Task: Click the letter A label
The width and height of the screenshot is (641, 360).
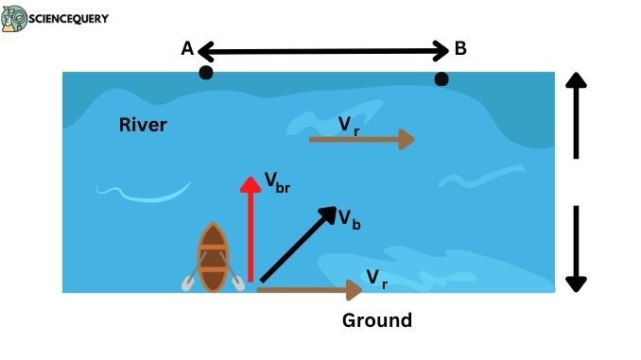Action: coord(187,49)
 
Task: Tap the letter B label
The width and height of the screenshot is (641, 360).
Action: coord(460,49)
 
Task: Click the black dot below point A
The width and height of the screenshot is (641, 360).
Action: coord(205,73)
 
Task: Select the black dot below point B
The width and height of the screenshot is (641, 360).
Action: coord(441,79)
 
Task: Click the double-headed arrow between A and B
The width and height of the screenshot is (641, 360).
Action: coord(321,49)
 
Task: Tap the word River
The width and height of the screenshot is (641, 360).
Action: coord(143,125)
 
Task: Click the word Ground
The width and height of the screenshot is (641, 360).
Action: coord(376,320)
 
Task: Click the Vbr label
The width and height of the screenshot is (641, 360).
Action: coord(276,181)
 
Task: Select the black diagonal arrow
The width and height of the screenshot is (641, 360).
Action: coord(298,244)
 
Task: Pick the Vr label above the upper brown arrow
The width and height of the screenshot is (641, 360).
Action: coord(349,123)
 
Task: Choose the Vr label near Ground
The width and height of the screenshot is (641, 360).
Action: coord(376,278)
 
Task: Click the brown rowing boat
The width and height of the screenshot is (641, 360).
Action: coord(214,257)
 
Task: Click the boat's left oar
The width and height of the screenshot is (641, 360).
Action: coord(190,280)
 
